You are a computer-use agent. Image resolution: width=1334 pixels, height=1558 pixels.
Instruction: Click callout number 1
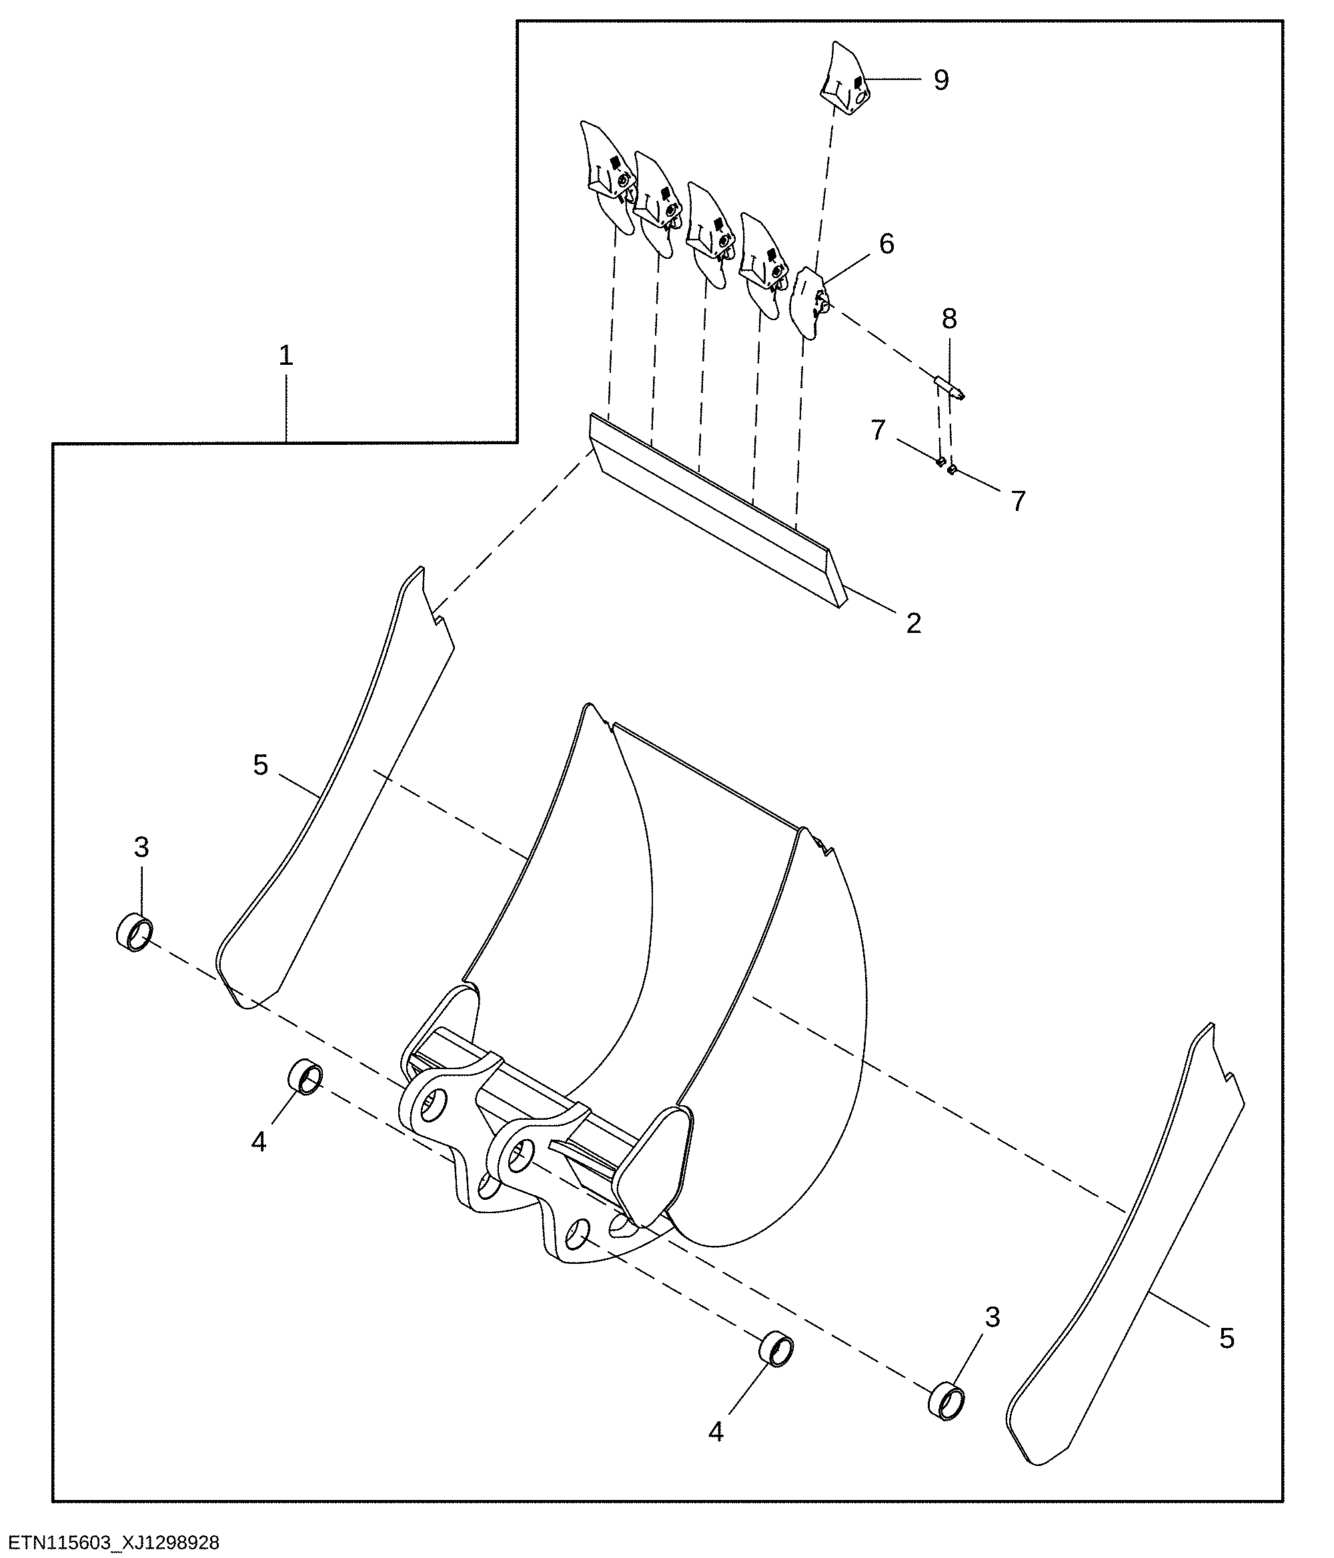click(x=285, y=355)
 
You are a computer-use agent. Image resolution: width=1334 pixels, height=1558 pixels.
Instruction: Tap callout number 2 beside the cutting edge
click(x=914, y=624)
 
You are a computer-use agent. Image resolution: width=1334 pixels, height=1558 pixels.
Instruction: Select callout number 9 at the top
click(x=941, y=80)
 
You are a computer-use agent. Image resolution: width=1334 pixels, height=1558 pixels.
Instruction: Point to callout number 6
click(x=886, y=243)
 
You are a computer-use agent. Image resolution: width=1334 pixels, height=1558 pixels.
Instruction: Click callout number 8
click(x=950, y=319)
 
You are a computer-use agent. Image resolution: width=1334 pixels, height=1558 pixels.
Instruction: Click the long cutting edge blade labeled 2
click(x=718, y=511)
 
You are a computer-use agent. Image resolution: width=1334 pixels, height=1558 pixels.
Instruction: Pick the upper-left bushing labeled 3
click(x=135, y=933)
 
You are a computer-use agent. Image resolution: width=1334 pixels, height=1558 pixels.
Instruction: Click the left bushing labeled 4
click(x=305, y=1078)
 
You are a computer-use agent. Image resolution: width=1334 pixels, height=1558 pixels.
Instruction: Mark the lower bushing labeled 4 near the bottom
click(x=775, y=1351)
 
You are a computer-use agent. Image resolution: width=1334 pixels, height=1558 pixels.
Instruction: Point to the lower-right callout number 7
click(x=1018, y=501)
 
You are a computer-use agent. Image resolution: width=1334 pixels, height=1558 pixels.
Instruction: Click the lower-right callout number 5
click(x=1227, y=1338)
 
